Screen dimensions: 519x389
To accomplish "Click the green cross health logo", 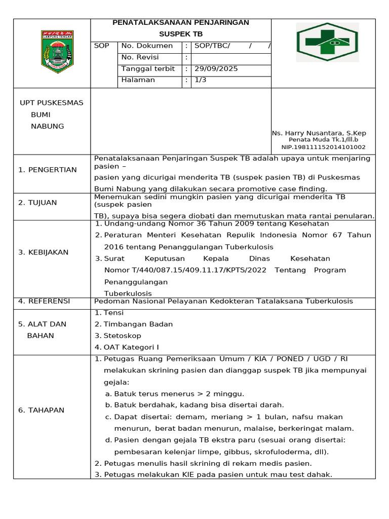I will click(327, 43).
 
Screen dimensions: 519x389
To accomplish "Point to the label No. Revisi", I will click(140, 57).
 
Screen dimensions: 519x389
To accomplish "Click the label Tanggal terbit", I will click(148, 68).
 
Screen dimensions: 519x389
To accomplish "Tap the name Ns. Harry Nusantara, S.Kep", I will click(319, 133).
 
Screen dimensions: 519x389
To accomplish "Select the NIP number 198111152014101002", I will click(323, 147).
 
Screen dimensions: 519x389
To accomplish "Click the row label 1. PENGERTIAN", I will click(47, 170).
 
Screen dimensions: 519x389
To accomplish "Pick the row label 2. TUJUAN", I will click(37, 203).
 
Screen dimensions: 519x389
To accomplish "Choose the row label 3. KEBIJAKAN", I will click(43, 252).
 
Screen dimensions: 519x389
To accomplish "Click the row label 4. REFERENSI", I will click(44, 301).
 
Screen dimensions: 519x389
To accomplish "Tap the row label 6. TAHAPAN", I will click(41, 410).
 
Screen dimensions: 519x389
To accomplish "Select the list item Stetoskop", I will click(122, 336).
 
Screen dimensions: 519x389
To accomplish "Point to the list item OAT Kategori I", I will click(131, 347).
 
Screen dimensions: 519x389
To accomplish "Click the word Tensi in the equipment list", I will click(113, 313).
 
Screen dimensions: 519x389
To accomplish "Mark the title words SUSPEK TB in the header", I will click(180, 33).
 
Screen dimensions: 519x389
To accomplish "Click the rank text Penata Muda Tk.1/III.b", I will click(323, 140).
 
